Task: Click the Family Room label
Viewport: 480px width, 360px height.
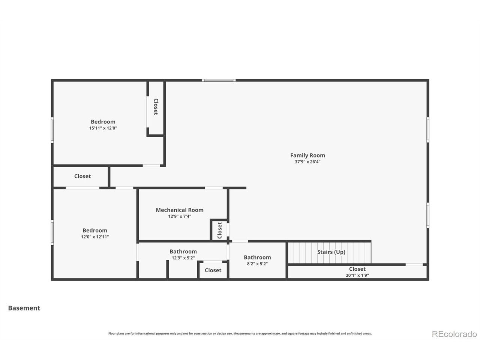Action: [x=307, y=155]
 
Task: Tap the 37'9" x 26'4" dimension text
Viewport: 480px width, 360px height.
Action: [x=307, y=162]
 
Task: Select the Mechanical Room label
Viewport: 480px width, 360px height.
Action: [x=180, y=210]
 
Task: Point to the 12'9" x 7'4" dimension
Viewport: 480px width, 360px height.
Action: [x=180, y=216]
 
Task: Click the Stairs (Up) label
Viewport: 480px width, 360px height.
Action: [x=331, y=252]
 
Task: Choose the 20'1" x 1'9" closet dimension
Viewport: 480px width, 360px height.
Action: [x=357, y=275]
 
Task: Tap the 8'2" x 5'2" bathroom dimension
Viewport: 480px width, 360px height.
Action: [x=257, y=264]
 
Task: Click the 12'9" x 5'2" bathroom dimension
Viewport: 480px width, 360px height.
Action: [x=183, y=258]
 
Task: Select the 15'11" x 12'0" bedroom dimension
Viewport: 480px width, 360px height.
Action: [x=103, y=128]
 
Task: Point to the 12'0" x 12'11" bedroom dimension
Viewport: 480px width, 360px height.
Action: [x=95, y=237]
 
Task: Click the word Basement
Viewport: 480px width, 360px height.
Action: [x=24, y=308]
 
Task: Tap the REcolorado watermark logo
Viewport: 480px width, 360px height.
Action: [x=454, y=334]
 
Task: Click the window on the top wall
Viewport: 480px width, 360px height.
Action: [x=219, y=80]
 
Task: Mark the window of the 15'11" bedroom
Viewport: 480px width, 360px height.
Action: [x=52, y=130]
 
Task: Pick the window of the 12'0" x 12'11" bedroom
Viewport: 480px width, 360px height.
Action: [x=52, y=232]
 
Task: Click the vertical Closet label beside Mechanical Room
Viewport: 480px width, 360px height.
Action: [x=219, y=230]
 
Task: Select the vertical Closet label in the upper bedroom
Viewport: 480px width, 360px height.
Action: [x=156, y=106]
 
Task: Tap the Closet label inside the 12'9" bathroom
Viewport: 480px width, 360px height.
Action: [x=213, y=270]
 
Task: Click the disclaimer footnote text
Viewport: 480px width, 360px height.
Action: [x=240, y=333]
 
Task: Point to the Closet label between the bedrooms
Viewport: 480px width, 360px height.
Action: [x=82, y=176]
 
